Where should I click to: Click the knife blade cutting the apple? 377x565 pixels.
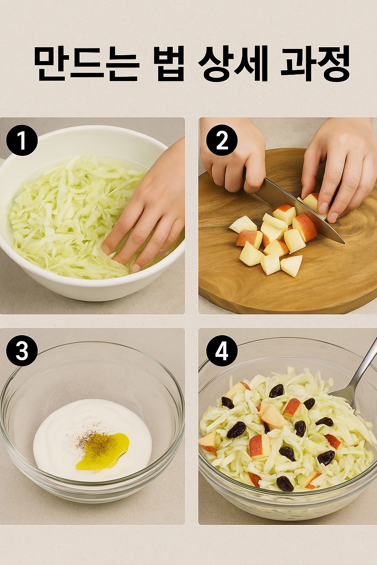click(300, 211)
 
